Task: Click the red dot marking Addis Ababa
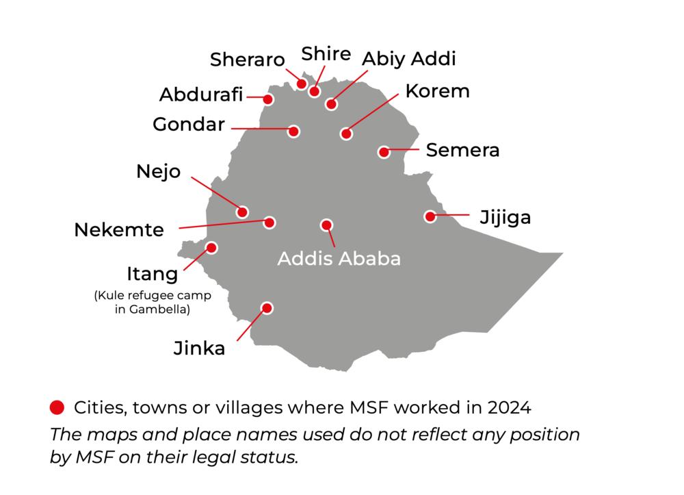(x=326, y=225)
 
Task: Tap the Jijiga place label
(x=505, y=218)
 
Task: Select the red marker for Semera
(x=384, y=152)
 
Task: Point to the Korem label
(x=437, y=91)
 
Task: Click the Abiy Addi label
(x=408, y=59)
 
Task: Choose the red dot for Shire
(x=315, y=91)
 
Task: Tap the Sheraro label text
(x=247, y=60)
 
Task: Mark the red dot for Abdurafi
(x=269, y=99)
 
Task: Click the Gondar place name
(x=189, y=125)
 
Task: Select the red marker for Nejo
(x=242, y=212)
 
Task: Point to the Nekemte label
(x=119, y=230)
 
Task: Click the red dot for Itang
(x=212, y=248)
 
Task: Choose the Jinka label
(x=199, y=348)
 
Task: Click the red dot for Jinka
(x=267, y=308)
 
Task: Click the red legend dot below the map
(x=57, y=408)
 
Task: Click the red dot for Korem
(x=347, y=134)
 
